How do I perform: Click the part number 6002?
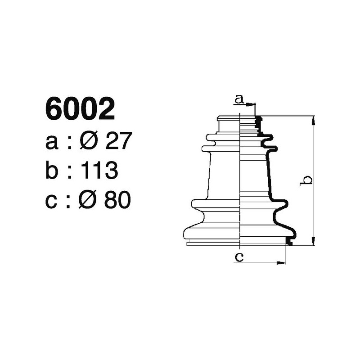[x=81, y=110]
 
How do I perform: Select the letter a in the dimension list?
[x=52, y=142]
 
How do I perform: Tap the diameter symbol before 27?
[x=90, y=142]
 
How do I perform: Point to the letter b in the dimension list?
[x=53, y=171]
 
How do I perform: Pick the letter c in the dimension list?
[x=52, y=201]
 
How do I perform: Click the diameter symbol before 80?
[x=90, y=200]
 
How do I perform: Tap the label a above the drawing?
[x=239, y=99]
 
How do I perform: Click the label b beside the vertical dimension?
[x=306, y=180]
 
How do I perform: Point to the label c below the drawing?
[x=239, y=257]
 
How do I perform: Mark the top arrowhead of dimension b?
[x=313, y=119]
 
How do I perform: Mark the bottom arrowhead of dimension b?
[x=313, y=243]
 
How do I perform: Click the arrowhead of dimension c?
[x=283, y=262]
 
